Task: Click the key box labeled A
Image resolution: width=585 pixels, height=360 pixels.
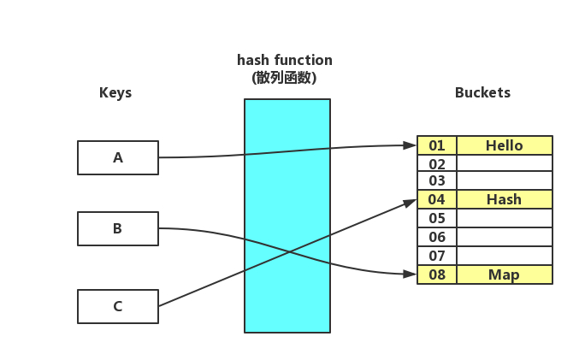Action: click(118, 157)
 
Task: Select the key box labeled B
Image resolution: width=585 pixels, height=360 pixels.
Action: click(118, 228)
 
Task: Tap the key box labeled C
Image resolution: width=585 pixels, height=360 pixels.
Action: click(118, 306)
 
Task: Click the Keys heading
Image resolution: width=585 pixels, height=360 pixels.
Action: click(115, 92)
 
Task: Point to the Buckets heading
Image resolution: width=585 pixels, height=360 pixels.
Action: click(482, 92)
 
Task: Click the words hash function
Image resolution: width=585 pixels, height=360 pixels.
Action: click(285, 60)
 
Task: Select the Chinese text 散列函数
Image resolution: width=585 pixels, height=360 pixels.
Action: click(285, 77)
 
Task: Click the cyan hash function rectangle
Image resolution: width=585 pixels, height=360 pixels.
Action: click(287, 257)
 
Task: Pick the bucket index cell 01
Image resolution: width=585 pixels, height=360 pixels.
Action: click(437, 145)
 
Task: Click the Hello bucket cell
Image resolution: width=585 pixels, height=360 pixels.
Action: click(505, 145)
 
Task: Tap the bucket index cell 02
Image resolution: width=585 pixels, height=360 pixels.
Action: click(437, 163)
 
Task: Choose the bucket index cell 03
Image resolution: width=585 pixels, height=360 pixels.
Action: click(437, 181)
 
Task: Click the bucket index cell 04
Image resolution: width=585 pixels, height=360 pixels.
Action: click(437, 199)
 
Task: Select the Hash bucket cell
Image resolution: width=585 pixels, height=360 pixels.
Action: click(505, 199)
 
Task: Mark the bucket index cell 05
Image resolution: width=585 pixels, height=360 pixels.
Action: click(437, 218)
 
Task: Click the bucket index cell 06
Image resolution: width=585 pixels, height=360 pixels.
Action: click(437, 237)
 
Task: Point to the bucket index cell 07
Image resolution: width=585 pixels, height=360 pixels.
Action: click(437, 256)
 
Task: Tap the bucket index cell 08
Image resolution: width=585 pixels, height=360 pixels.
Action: click(437, 274)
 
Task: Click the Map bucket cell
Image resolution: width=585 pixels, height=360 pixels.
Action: click(505, 274)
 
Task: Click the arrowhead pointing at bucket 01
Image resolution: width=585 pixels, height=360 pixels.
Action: click(411, 145)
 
